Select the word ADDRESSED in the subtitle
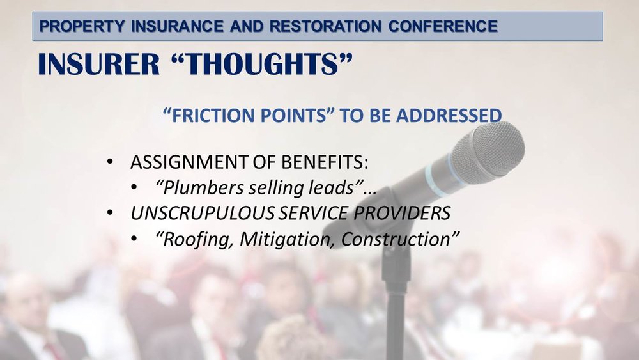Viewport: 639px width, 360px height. [x=449, y=116]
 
